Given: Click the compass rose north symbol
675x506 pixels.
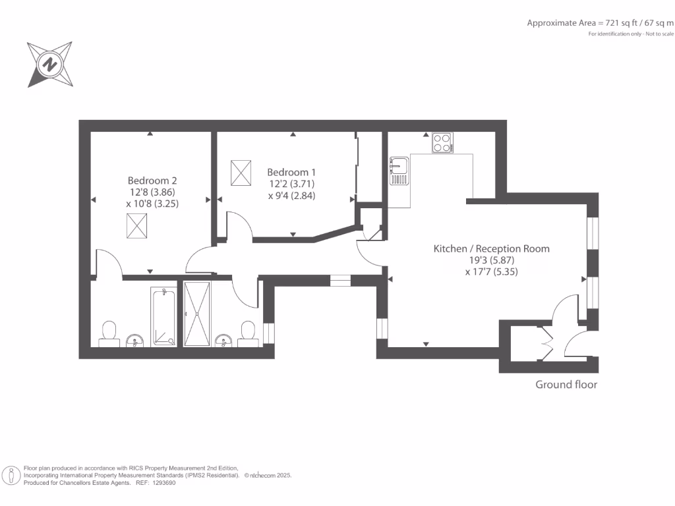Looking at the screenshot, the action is coord(50,65).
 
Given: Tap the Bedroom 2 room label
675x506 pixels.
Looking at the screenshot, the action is coord(152,181).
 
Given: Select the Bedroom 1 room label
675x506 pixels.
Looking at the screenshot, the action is coord(291,172).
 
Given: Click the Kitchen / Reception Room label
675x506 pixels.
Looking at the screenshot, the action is coord(491,248).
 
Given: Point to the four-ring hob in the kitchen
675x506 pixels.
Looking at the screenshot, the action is coord(442,143).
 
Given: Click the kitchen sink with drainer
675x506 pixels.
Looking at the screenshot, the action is coord(399,171).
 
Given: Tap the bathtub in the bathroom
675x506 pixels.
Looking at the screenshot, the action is coord(163,318).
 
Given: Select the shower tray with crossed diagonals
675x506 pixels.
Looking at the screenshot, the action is coord(197,314).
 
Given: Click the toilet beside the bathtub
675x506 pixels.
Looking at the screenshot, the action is coord(109,334).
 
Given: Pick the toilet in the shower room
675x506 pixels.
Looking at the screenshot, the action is coord(248,334).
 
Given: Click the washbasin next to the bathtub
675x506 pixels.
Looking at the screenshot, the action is coord(135,341).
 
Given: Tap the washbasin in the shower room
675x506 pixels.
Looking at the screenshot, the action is coord(223,341).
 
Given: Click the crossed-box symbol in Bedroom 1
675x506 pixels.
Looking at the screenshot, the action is coord(241,173).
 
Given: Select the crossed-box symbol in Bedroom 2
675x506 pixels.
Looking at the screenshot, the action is coord(137,226).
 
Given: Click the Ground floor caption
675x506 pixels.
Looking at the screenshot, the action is coord(566,385).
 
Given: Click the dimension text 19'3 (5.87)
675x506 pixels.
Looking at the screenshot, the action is coord(492,260).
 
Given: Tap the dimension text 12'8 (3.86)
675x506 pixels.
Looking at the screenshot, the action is coord(152,192).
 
